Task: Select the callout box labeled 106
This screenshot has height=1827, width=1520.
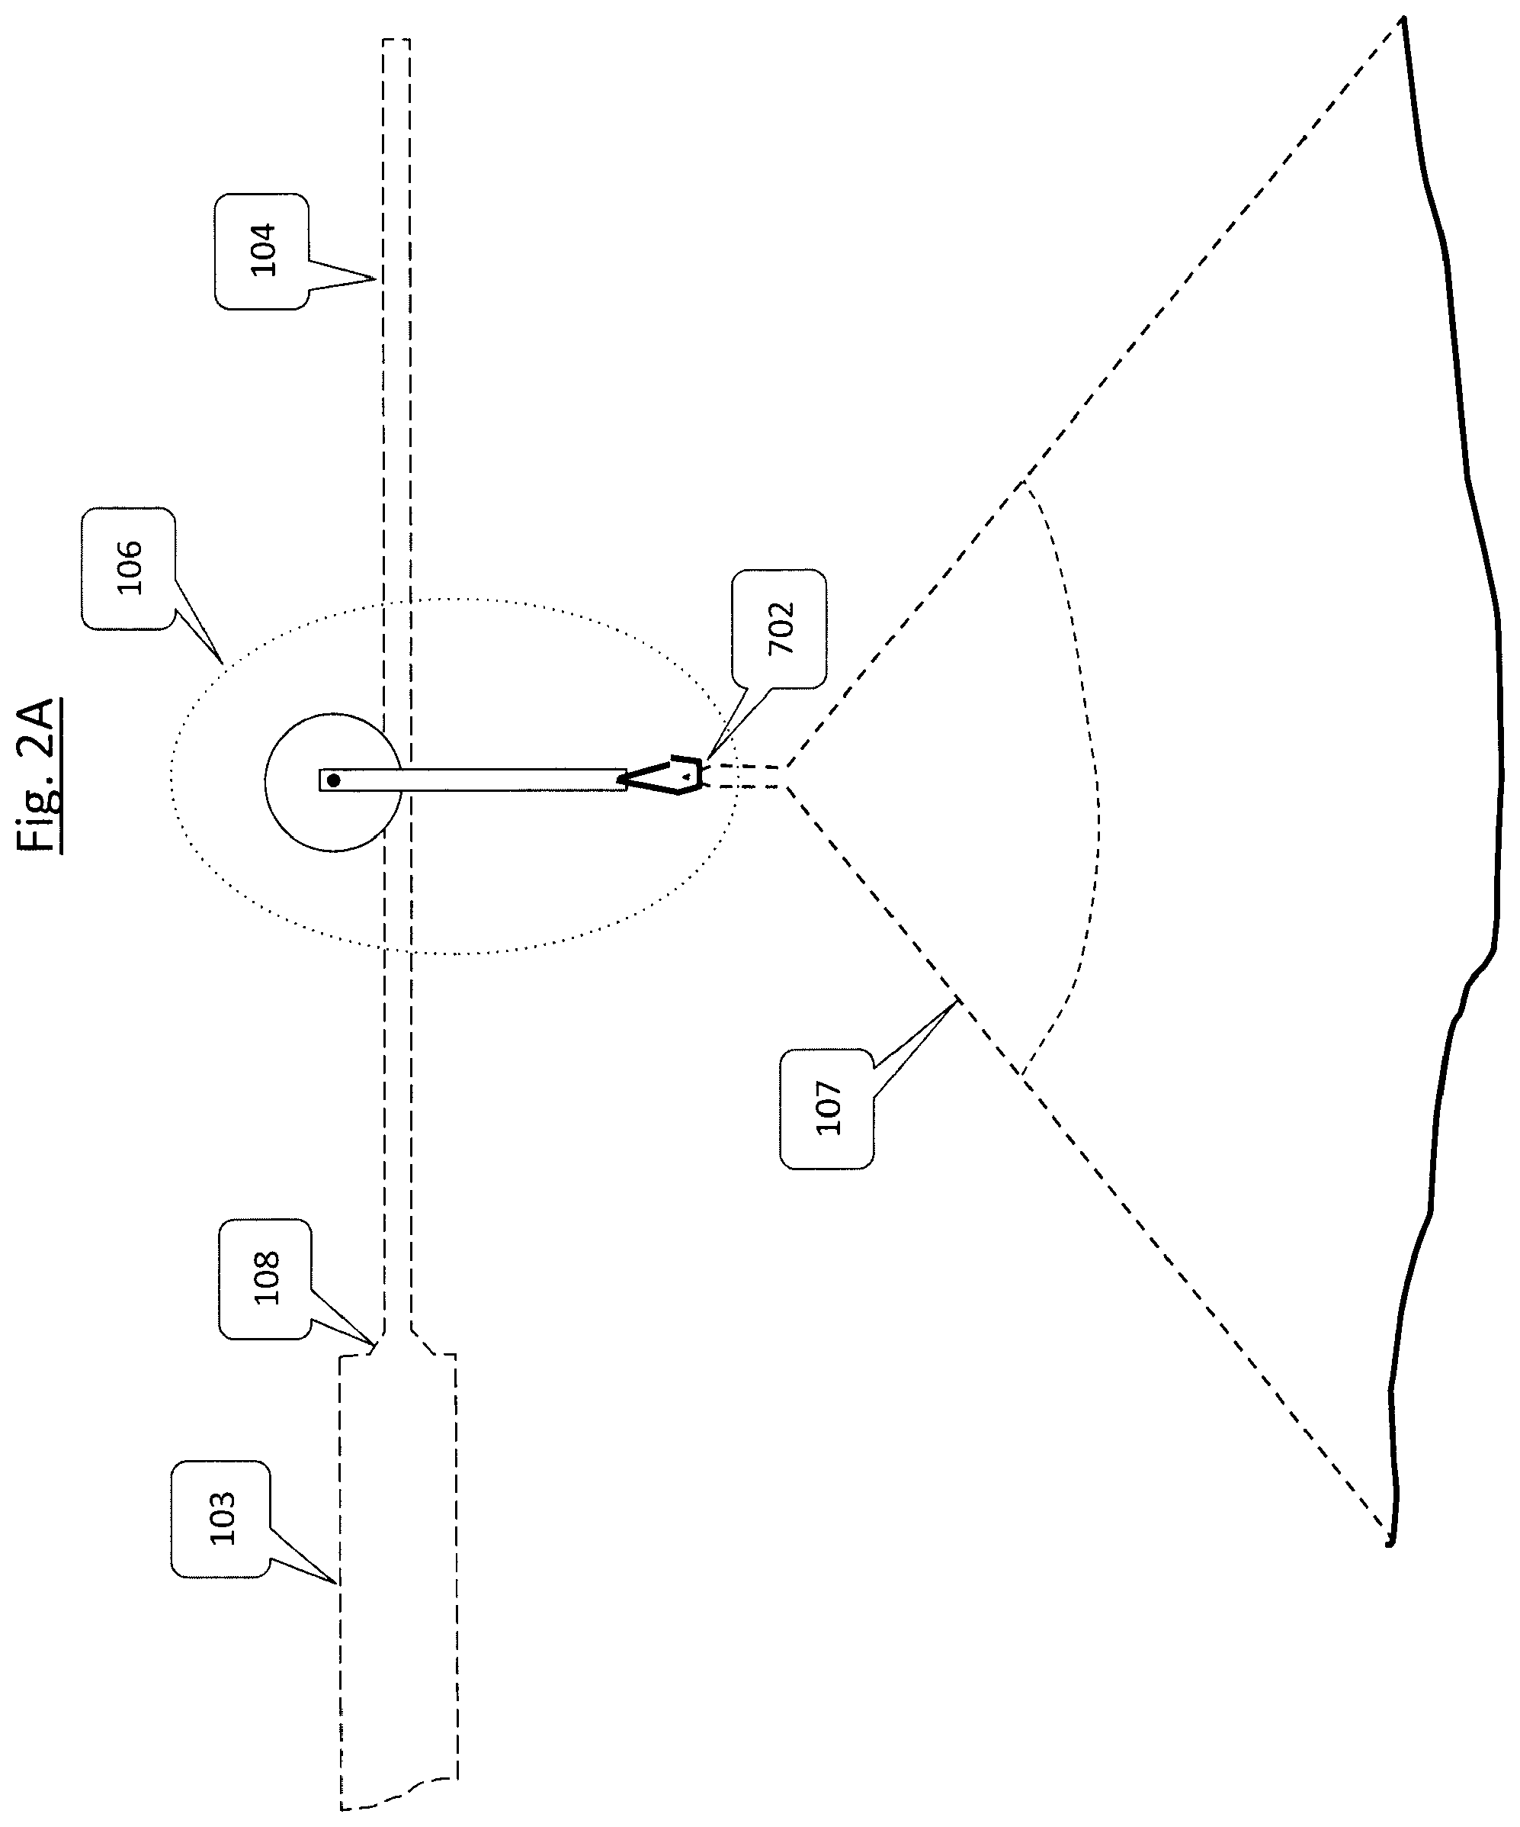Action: coord(128,568)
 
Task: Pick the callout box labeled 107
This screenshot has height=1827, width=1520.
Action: coord(827,1108)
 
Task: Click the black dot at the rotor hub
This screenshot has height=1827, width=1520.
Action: coord(333,780)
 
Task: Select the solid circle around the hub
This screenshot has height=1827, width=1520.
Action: coord(265,782)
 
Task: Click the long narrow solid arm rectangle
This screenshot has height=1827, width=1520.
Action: coord(473,780)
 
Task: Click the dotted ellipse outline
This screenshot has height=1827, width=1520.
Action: coord(172,776)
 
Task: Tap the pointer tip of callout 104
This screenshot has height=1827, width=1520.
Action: coord(376,279)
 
